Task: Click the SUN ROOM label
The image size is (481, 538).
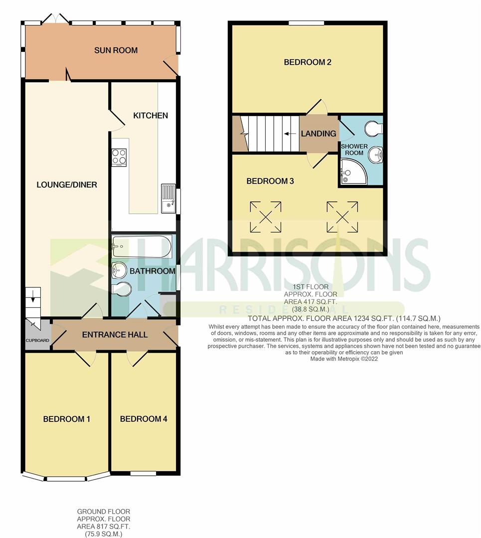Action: (116, 50)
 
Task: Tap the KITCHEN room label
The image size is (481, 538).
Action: (151, 116)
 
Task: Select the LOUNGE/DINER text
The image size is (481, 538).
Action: (67, 185)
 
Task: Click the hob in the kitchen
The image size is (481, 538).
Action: (119, 157)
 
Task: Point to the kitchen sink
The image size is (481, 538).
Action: (168, 199)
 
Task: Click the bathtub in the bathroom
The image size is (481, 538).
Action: (142, 246)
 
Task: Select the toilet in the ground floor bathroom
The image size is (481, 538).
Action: (121, 289)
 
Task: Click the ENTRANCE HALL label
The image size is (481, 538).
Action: (115, 334)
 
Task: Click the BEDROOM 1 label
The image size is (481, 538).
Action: (66, 419)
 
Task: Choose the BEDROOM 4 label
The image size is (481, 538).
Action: (144, 419)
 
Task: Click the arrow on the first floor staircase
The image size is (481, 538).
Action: (288, 134)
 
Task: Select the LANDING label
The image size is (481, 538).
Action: (319, 134)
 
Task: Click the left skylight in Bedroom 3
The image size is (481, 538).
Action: (265, 217)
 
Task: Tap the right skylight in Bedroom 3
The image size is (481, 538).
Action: (342, 217)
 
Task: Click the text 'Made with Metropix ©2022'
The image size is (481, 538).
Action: (344, 359)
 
